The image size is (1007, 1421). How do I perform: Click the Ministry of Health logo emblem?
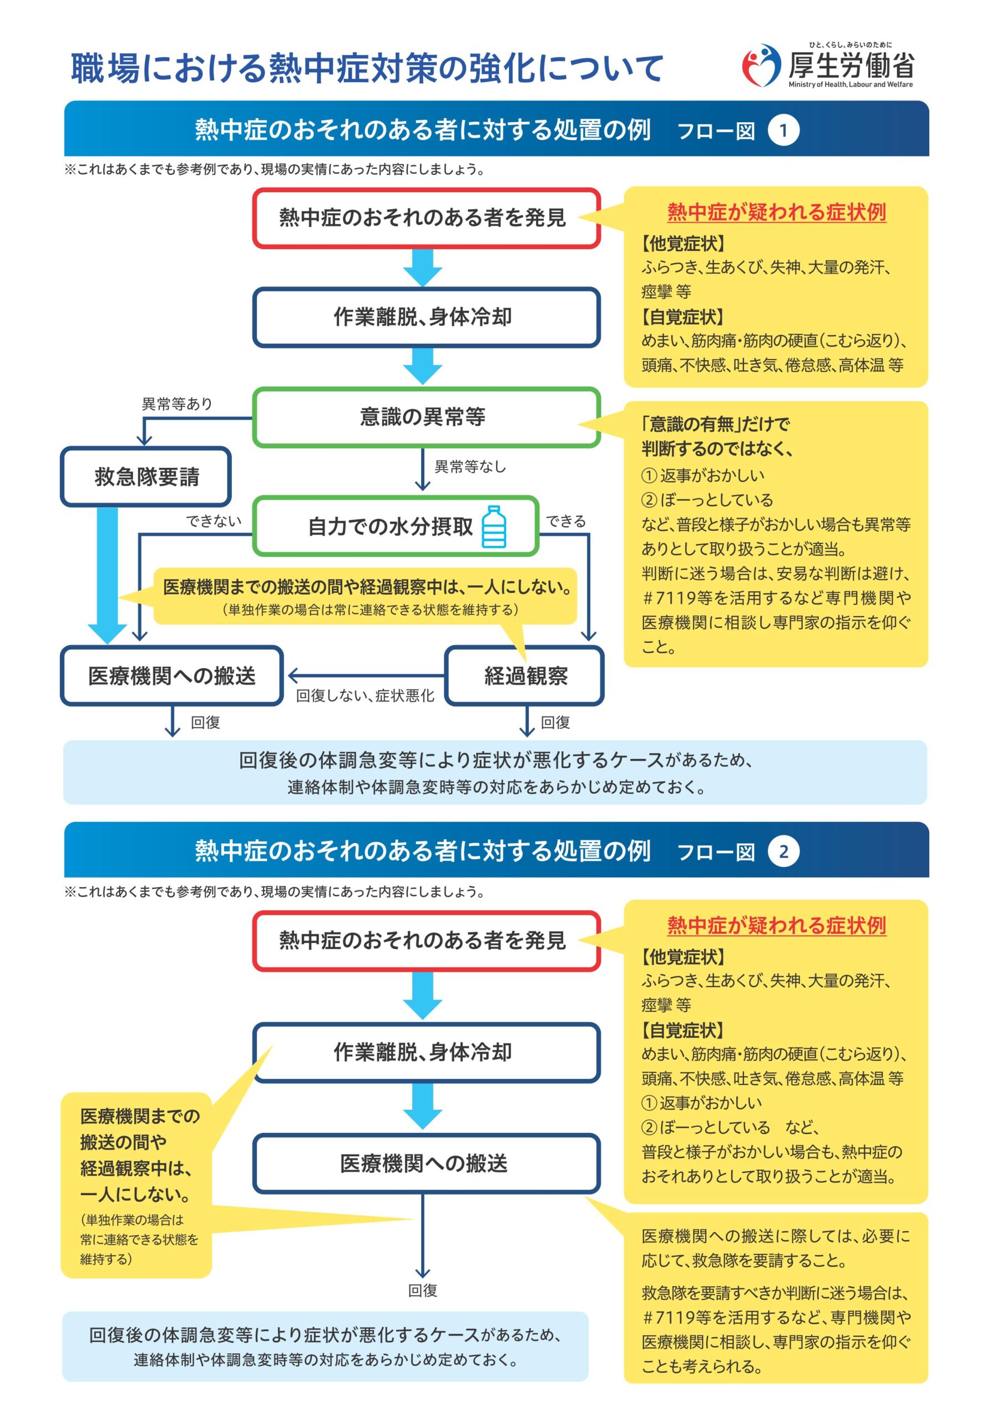pos(761,65)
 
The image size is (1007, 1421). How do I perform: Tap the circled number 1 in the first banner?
pos(783,131)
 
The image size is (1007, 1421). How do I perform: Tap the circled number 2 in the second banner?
pos(783,851)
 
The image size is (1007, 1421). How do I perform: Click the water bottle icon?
pos(494,527)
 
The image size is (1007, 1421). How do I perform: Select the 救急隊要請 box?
pos(146,476)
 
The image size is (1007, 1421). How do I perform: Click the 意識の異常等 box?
pos(427,417)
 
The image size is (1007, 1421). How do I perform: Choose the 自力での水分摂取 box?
pos(396,526)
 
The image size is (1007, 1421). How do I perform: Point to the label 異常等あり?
pos(177,404)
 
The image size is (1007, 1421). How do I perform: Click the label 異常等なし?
pos(470,466)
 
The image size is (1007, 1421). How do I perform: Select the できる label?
pos(565,521)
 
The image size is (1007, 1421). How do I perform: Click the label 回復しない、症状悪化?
pos(365,696)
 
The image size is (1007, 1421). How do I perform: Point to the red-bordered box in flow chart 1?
pos(427,218)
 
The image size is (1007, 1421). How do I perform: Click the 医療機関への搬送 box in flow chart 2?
pos(427,1163)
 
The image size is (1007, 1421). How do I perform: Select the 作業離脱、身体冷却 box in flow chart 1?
pos(427,317)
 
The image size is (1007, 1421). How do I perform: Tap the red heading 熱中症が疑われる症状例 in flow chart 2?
pos(776,925)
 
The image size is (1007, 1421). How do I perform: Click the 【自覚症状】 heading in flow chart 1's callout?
pos(682,317)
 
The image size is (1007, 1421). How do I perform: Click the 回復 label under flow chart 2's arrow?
pos(423,1290)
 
